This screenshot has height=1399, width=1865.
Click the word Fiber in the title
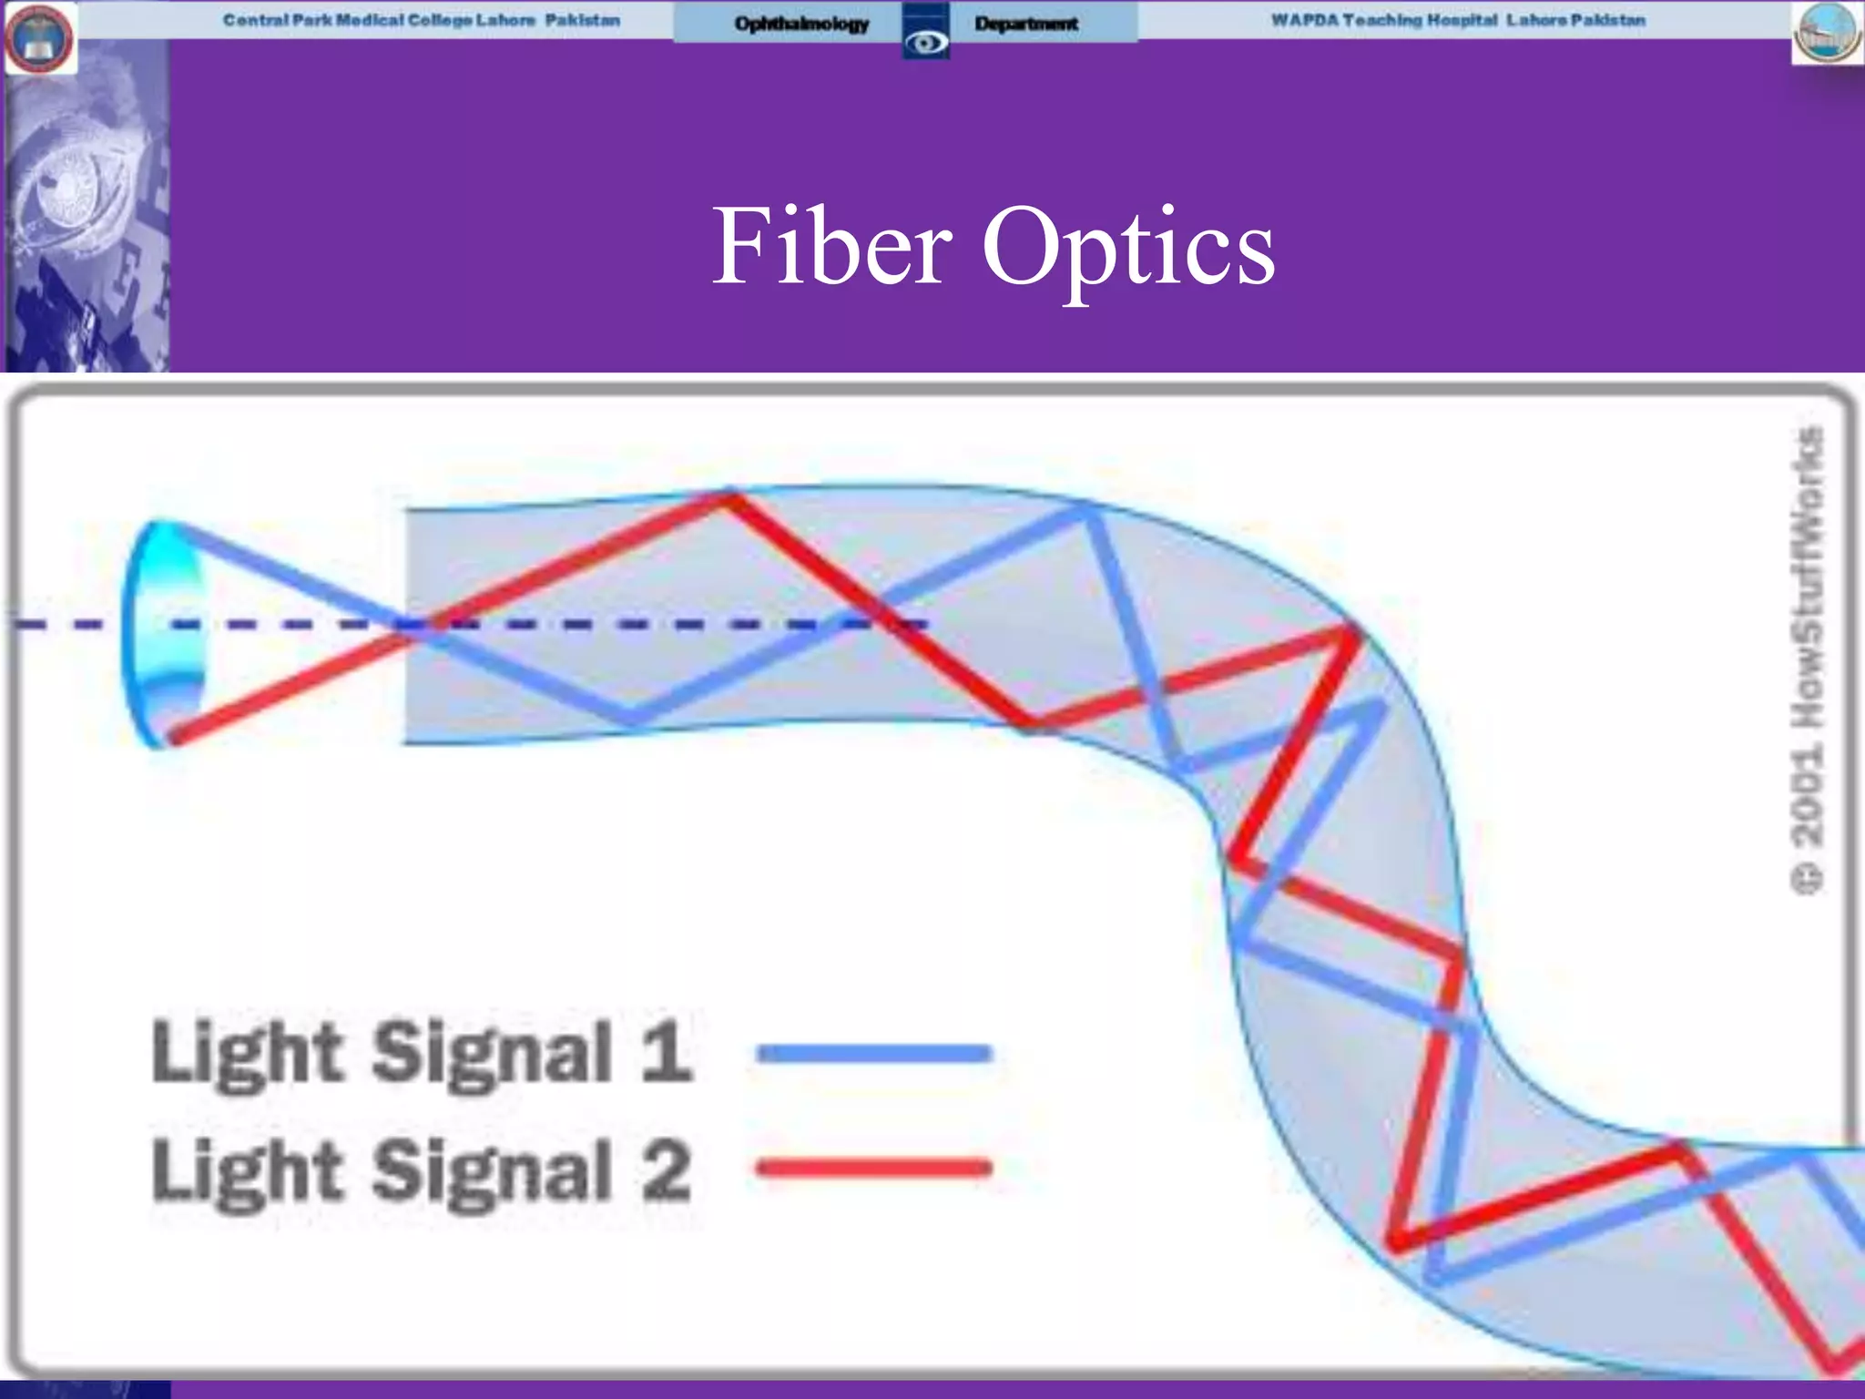coord(832,246)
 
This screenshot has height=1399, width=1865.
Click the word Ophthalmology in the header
coord(801,24)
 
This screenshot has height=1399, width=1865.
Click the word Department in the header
coord(1026,24)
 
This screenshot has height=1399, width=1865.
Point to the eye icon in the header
coord(926,42)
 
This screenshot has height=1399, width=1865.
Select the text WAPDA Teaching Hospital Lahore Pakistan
coord(1458,20)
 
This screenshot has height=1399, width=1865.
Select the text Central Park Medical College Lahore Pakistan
coord(422,20)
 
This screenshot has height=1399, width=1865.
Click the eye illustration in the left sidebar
coord(68,182)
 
